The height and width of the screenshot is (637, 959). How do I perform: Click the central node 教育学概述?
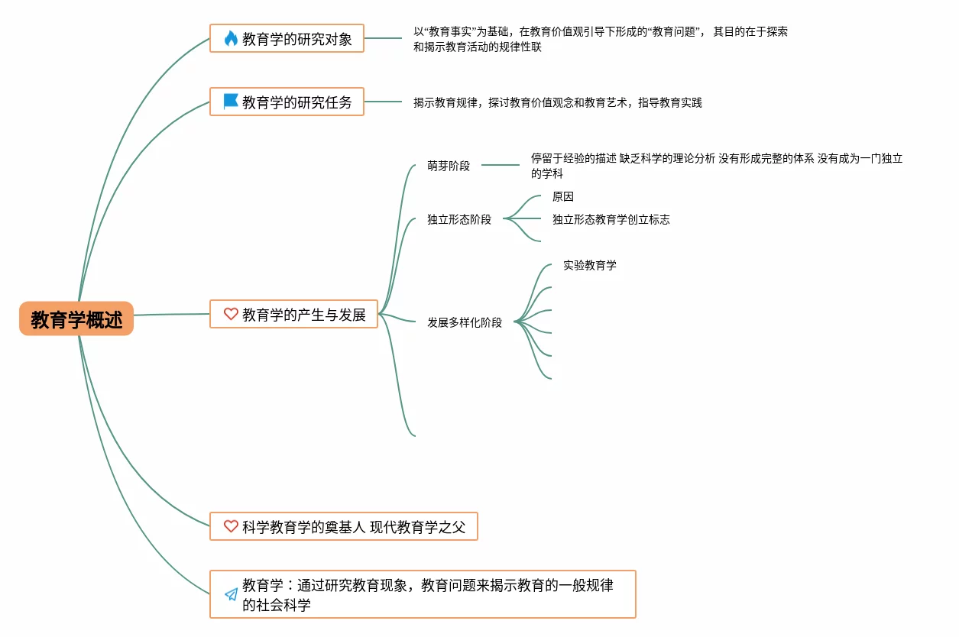click(x=76, y=318)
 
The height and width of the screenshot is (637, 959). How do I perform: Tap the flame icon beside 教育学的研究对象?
click(x=231, y=38)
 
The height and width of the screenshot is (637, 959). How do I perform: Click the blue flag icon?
click(x=231, y=101)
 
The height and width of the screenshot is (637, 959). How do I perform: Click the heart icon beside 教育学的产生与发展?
click(x=231, y=314)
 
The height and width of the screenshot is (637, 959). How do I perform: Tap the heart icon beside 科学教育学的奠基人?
click(x=231, y=526)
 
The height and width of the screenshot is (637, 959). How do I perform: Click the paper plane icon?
click(x=231, y=594)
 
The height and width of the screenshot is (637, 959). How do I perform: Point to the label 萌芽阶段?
click(x=449, y=166)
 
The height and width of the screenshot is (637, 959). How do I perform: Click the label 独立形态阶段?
click(x=459, y=219)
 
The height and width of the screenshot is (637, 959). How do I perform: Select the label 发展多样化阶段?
click(x=465, y=322)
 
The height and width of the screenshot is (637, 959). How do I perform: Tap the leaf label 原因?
click(x=563, y=196)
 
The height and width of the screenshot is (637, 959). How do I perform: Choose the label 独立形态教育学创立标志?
click(x=611, y=219)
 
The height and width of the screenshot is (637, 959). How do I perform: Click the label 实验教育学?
click(x=590, y=265)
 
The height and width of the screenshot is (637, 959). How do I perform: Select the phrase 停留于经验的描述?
click(x=573, y=159)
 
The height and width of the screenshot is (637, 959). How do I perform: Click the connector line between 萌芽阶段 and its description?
click(x=501, y=165)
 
